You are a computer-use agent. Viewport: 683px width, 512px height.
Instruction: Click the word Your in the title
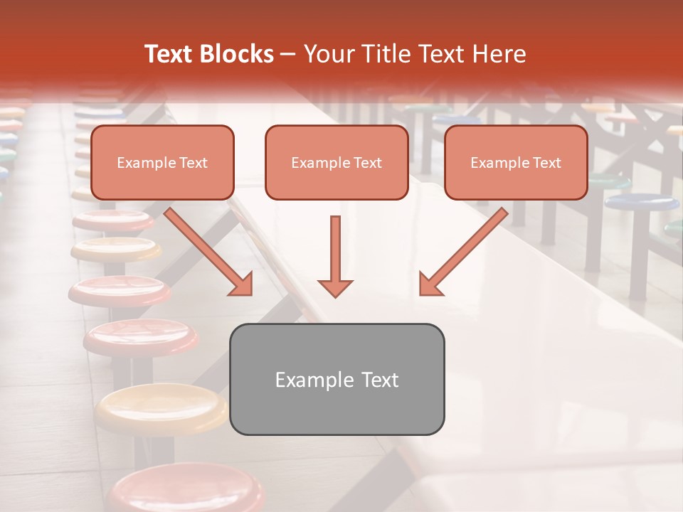point(327,54)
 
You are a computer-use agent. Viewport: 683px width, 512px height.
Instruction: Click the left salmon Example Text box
point(162,163)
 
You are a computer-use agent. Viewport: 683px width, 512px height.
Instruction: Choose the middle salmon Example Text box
point(337,163)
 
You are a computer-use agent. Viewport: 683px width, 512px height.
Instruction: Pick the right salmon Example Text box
point(516,163)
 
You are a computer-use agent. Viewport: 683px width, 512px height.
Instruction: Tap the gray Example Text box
point(337,379)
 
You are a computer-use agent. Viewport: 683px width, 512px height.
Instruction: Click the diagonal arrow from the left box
point(210,252)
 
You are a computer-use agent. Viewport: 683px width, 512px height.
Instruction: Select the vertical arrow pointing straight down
point(335,256)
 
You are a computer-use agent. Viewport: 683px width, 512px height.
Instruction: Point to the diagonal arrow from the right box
point(462,252)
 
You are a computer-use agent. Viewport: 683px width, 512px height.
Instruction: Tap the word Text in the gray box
point(381,380)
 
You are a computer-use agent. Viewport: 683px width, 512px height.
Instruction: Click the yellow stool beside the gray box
point(160,409)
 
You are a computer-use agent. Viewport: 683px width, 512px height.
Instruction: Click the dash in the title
point(288,54)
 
